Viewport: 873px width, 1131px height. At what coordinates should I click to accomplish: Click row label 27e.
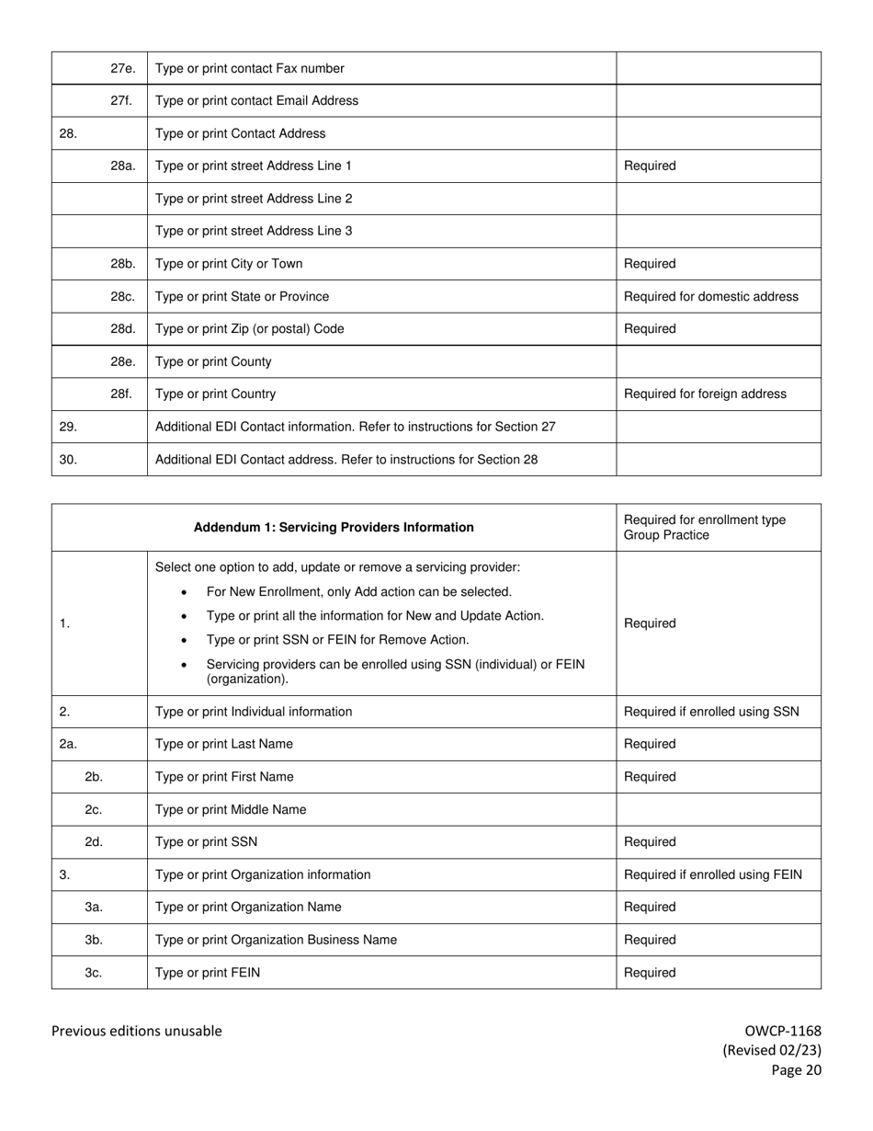point(122,68)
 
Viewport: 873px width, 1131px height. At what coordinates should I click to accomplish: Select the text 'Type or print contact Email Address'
point(256,101)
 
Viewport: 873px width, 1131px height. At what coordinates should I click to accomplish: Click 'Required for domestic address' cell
point(710,296)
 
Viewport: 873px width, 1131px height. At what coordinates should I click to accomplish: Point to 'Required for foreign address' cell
point(705,394)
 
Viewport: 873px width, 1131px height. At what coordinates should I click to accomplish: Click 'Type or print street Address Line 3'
point(254,231)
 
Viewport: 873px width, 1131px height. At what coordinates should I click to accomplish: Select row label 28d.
point(122,329)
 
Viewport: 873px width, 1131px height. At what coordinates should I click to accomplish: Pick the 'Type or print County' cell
point(213,361)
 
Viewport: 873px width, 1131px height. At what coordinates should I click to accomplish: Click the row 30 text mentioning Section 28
point(346,460)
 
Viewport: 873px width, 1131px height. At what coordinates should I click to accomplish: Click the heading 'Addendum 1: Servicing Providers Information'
point(334,528)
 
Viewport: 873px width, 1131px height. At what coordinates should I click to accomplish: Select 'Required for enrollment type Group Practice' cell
point(705,528)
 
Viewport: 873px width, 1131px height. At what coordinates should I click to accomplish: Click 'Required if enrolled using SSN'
point(711,712)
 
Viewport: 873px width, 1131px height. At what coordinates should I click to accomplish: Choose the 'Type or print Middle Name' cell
point(231,809)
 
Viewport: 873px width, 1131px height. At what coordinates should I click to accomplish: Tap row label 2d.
point(94,842)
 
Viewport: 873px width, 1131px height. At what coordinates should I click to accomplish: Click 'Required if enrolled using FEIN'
point(712,874)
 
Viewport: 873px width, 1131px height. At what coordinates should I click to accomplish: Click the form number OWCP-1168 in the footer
point(783,1031)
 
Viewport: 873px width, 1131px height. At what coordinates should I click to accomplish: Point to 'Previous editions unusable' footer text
point(136,1031)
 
